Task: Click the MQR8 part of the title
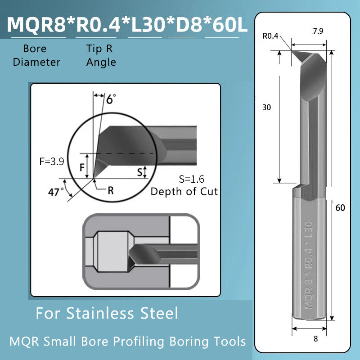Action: (37, 25)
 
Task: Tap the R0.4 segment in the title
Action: (97, 25)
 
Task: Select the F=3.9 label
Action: (50, 160)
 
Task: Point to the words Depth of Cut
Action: (184, 191)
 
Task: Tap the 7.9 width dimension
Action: (318, 31)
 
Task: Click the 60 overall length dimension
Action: (340, 208)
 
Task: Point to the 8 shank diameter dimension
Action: (315, 339)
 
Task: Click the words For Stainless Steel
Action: (107, 313)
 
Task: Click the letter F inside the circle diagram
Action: (82, 168)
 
